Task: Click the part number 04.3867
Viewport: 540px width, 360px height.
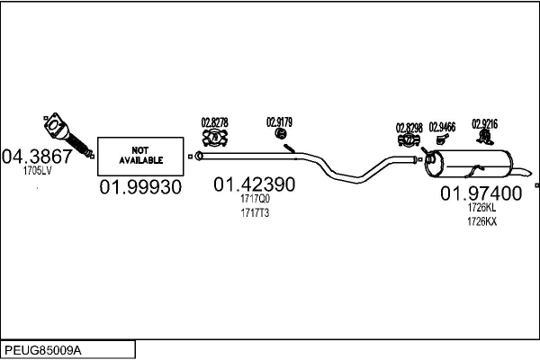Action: (x=38, y=154)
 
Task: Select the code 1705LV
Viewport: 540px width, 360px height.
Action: (x=38, y=168)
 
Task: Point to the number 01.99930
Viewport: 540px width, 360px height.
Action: (x=140, y=187)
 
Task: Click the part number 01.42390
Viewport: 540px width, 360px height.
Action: (x=254, y=184)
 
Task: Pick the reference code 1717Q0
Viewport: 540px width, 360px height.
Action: (x=256, y=199)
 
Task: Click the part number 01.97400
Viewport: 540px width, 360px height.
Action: (x=481, y=193)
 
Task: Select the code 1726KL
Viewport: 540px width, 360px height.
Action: (x=481, y=207)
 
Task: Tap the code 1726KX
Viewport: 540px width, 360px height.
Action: (x=481, y=220)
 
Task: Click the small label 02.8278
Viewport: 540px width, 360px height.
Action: (x=214, y=121)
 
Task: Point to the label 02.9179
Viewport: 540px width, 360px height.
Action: (x=279, y=121)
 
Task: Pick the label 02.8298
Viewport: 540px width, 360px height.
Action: (x=409, y=127)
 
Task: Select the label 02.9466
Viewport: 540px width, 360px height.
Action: (x=442, y=127)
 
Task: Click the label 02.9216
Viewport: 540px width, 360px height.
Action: (x=485, y=123)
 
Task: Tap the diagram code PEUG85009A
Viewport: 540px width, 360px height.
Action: (x=45, y=348)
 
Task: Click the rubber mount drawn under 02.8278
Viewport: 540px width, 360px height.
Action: (x=214, y=138)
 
